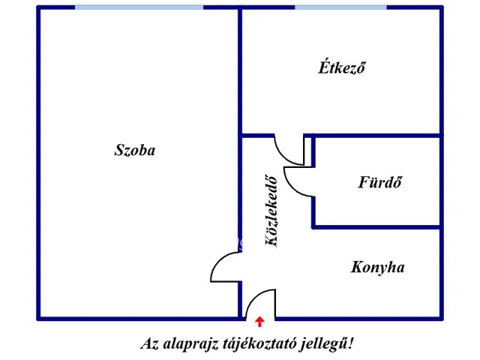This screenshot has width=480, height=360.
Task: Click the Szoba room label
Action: click(x=135, y=150)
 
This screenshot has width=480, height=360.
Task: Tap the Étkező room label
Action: click(x=342, y=67)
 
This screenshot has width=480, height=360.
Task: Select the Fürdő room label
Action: click(x=379, y=181)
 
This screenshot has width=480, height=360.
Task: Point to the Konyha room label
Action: click(x=377, y=267)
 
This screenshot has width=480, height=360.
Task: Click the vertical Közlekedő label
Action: click(x=271, y=211)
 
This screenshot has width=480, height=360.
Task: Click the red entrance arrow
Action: click(x=260, y=322)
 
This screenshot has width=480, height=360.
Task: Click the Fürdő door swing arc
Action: click(x=291, y=187)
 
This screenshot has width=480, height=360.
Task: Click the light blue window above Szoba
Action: click(x=139, y=7)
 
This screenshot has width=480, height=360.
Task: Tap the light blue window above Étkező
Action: click(x=340, y=7)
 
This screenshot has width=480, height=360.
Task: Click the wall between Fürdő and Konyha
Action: click(x=377, y=226)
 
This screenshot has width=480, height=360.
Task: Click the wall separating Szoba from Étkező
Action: click(x=240, y=71)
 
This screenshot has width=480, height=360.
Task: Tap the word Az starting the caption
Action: click(x=150, y=343)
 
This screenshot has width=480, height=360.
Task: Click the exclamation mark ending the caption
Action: click(x=351, y=343)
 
